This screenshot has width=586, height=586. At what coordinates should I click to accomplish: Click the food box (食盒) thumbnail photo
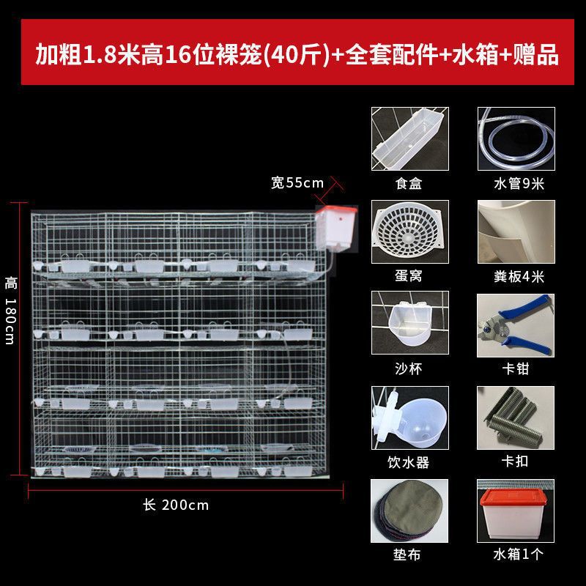click(x=410, y=138)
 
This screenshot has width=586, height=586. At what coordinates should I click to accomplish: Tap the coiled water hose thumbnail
click(x=516, y=138)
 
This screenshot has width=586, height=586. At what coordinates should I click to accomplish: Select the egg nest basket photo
click(x=410, y=231)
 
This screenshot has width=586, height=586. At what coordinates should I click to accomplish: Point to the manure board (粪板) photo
click(x=516, y=231)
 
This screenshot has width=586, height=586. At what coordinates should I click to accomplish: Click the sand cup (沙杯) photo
click(x=410, y=322)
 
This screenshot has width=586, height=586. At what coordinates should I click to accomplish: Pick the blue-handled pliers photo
click(x=516, y=325)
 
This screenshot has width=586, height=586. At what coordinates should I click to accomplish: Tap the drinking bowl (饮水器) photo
click(x=410, y=418)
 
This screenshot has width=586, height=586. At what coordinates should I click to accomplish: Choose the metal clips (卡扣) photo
click(x=516, y=418)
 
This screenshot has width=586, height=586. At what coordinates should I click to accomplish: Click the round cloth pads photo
click(x=409, y=511)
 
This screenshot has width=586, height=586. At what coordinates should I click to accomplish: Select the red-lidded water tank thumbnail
click(x=516, y=511)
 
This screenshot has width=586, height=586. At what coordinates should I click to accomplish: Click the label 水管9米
click(x=519, y=184)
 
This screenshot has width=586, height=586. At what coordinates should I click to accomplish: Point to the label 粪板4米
click(x=519, y=277)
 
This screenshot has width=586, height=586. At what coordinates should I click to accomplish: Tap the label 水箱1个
click(x=518, y=554)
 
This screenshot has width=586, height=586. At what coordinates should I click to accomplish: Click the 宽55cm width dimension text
click(x=297, y=182)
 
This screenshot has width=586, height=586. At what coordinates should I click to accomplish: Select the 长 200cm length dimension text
click(x=175, y=505)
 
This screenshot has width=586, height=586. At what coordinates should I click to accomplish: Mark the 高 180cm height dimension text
click(x=10, y=310)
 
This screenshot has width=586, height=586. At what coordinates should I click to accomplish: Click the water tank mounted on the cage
click(x=335, y=228)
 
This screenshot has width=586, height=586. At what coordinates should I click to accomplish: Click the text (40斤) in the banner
click(x=297, y=54)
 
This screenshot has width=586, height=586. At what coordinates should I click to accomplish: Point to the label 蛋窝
click(x=409, y=276)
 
